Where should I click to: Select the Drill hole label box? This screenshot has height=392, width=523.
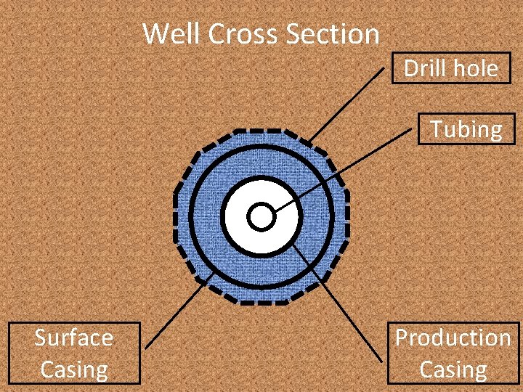coord(451,69)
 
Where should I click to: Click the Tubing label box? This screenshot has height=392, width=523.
coord(466,129)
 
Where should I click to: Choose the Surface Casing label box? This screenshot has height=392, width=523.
coord(73,353)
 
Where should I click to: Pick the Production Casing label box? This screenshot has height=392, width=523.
coord(453,353)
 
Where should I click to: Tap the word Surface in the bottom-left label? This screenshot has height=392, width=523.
coord(73,338)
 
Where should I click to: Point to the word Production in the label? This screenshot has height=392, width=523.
coord(453,338)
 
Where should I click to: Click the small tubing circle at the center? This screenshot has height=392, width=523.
coord(260,216)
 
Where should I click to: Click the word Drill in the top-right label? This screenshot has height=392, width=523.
coord(426,69)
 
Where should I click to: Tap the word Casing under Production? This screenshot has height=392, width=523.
coord(453,369)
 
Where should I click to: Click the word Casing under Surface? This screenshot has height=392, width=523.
coord(73,369)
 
